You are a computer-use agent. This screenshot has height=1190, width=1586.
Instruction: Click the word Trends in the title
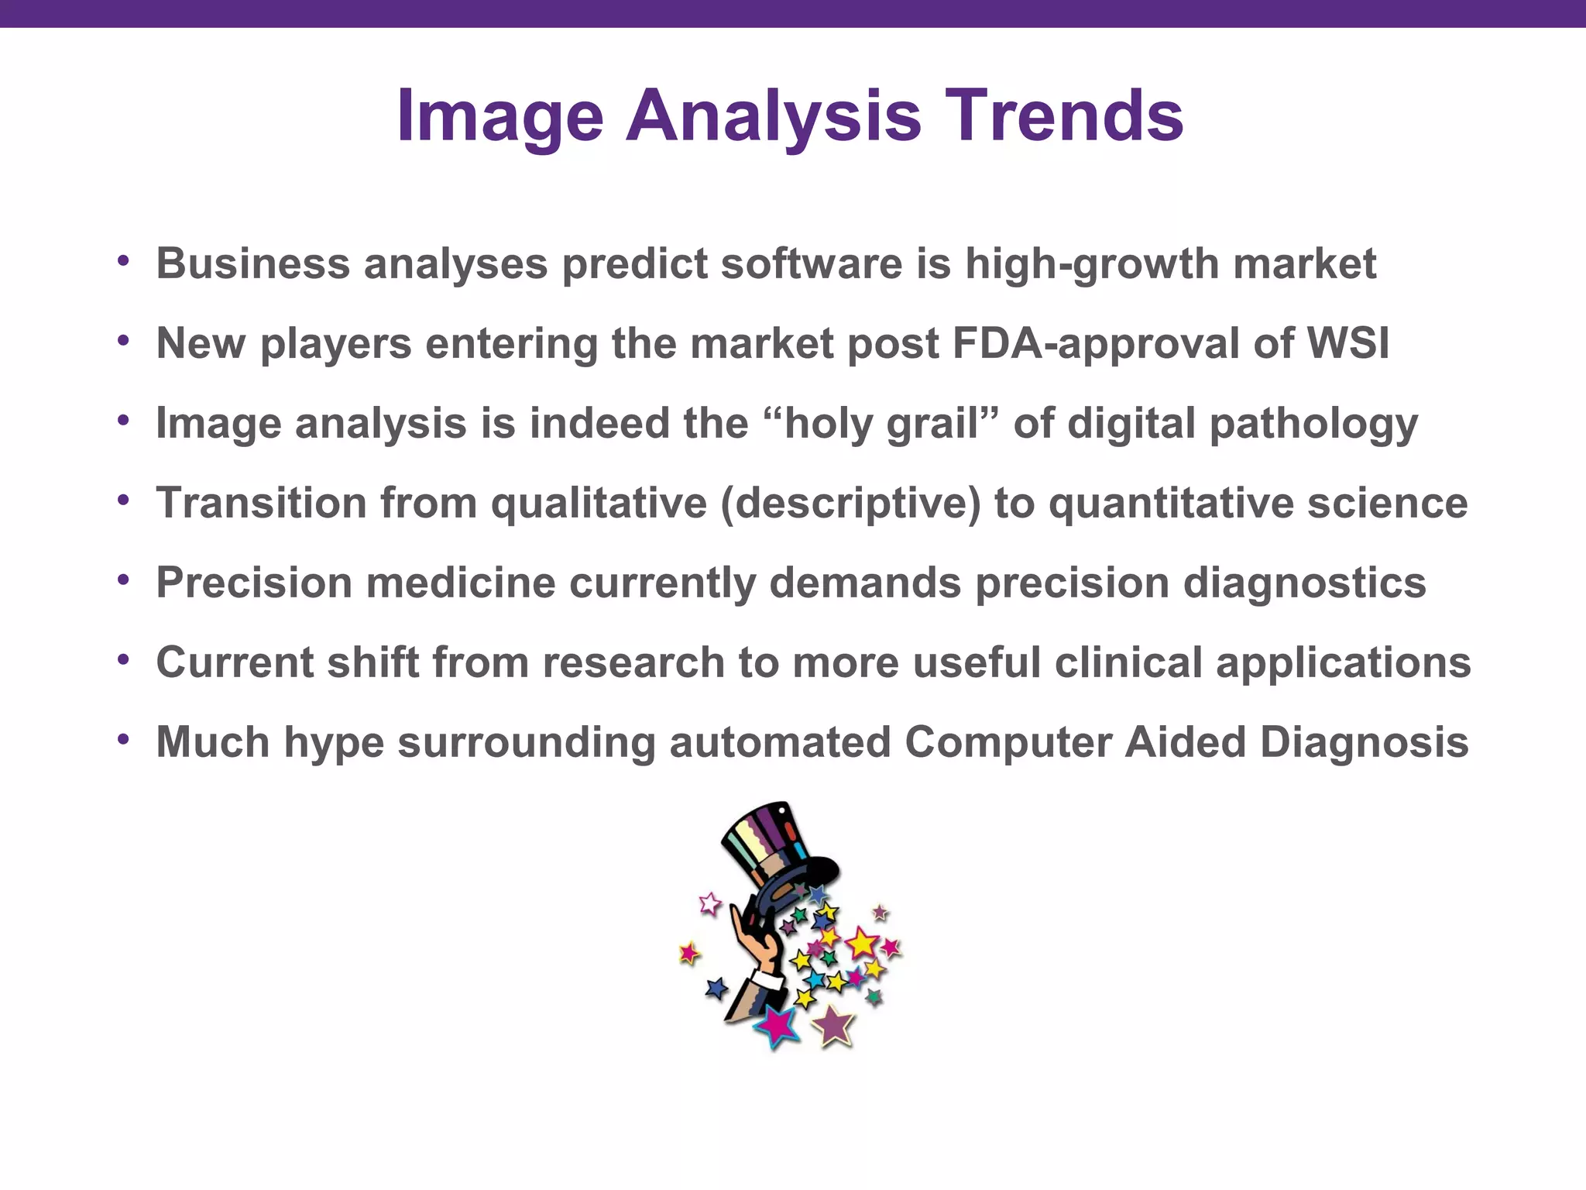click(1064, 116)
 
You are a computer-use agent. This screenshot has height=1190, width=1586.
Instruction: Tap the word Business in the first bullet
click(252, 263)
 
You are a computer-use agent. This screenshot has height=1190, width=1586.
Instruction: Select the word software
click(811, 263)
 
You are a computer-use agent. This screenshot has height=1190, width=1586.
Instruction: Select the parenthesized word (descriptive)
click(850, 503)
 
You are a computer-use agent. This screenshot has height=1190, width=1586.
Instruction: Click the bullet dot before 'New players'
click(123, 340)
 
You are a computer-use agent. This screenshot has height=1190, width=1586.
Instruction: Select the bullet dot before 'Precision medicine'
click(123, 580)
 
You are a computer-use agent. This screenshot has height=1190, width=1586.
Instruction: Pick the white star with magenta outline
click(709, 903)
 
